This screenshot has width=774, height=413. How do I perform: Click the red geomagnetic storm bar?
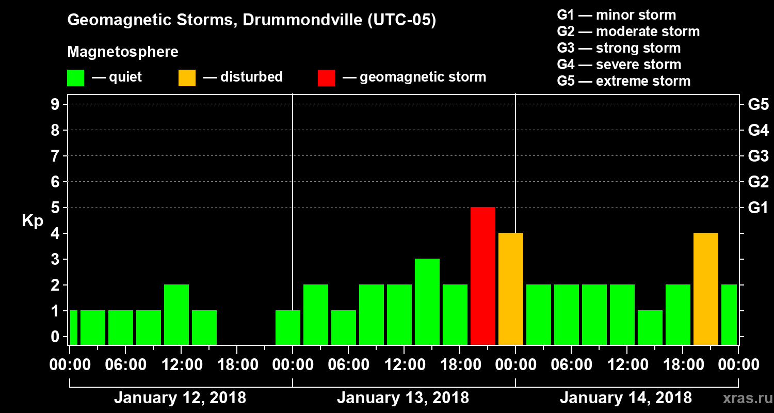point(483,276)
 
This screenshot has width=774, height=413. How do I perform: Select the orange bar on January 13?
point(511,289)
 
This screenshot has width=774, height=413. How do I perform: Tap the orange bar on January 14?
point(706,289)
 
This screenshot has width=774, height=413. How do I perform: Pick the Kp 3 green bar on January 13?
point(427,301)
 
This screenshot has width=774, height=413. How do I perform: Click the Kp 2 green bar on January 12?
point(176,314)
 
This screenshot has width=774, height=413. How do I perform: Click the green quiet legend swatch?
point(75,78)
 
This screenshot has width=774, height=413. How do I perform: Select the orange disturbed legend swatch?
point(187,78)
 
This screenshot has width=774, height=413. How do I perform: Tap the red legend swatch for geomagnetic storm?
point(326,78)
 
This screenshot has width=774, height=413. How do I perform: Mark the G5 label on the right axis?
point(758,105)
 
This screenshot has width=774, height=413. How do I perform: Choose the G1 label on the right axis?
point(758,208)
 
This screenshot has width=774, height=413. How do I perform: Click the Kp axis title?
point(33,221)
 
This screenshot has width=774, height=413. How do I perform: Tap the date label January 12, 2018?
point(180,398)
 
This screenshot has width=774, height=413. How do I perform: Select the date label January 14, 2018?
point(625,398)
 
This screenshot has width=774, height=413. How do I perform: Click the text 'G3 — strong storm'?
point(619,48)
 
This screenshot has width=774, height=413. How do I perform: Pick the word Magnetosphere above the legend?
point(123,52)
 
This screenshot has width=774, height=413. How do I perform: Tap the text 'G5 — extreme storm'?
point(623,81)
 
